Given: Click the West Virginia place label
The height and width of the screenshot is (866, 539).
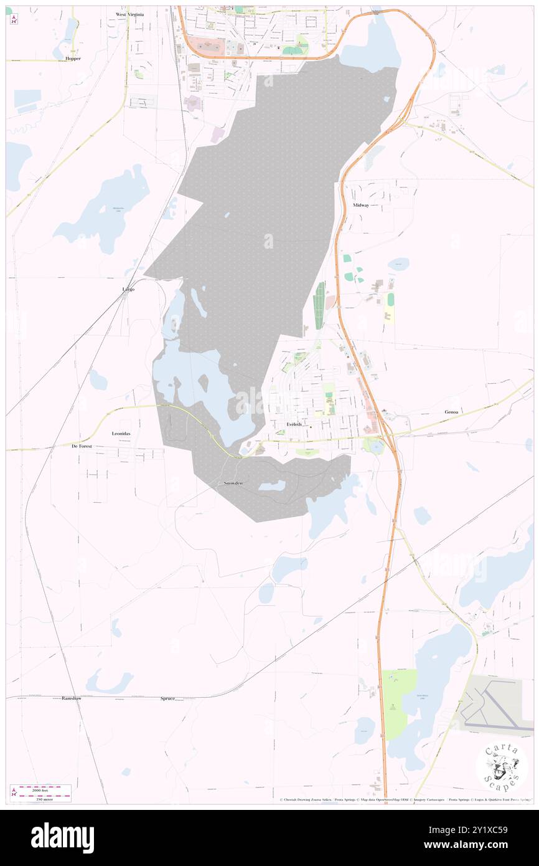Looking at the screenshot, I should point(129,14).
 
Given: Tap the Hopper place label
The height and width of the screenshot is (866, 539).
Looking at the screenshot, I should point(73,58).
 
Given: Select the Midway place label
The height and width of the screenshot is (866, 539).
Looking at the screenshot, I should point(361,205).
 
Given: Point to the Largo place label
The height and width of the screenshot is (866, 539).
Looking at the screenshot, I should point(128,290).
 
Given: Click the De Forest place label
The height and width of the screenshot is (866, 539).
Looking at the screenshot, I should point(82,446).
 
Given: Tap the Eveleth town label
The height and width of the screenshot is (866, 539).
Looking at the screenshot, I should point(294,424).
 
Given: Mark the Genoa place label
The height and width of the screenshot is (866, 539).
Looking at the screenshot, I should point(453,412).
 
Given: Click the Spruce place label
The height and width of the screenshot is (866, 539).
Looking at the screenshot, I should point(167,699).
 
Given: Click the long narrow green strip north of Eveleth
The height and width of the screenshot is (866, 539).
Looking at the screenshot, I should point(321,305).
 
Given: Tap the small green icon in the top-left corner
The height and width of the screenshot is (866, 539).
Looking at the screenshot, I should point(9,11).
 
